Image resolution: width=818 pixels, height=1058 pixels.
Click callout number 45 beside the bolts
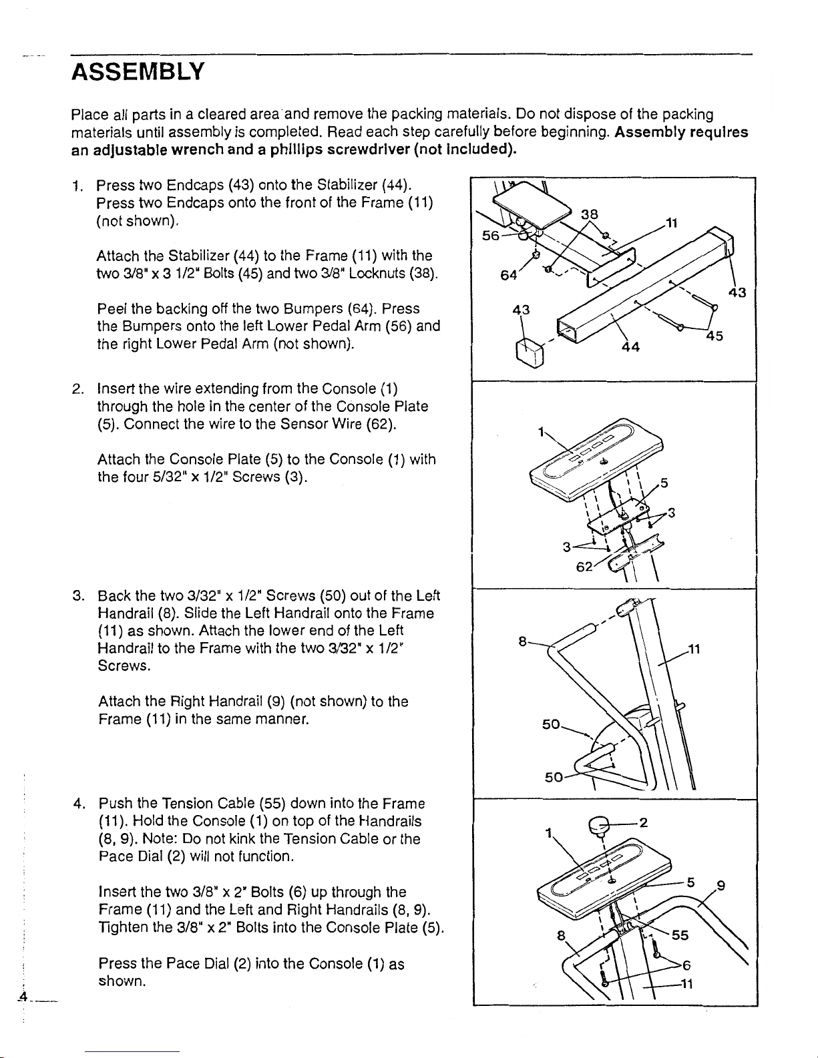714,337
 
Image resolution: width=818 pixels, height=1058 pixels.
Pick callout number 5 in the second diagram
664,481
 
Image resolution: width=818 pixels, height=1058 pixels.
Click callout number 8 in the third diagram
523,642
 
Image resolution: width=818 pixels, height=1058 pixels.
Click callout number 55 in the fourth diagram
680,935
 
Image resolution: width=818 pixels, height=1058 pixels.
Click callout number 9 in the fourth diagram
721,887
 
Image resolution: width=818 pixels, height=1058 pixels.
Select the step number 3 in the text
77,595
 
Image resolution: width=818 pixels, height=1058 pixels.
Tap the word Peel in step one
112,308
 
